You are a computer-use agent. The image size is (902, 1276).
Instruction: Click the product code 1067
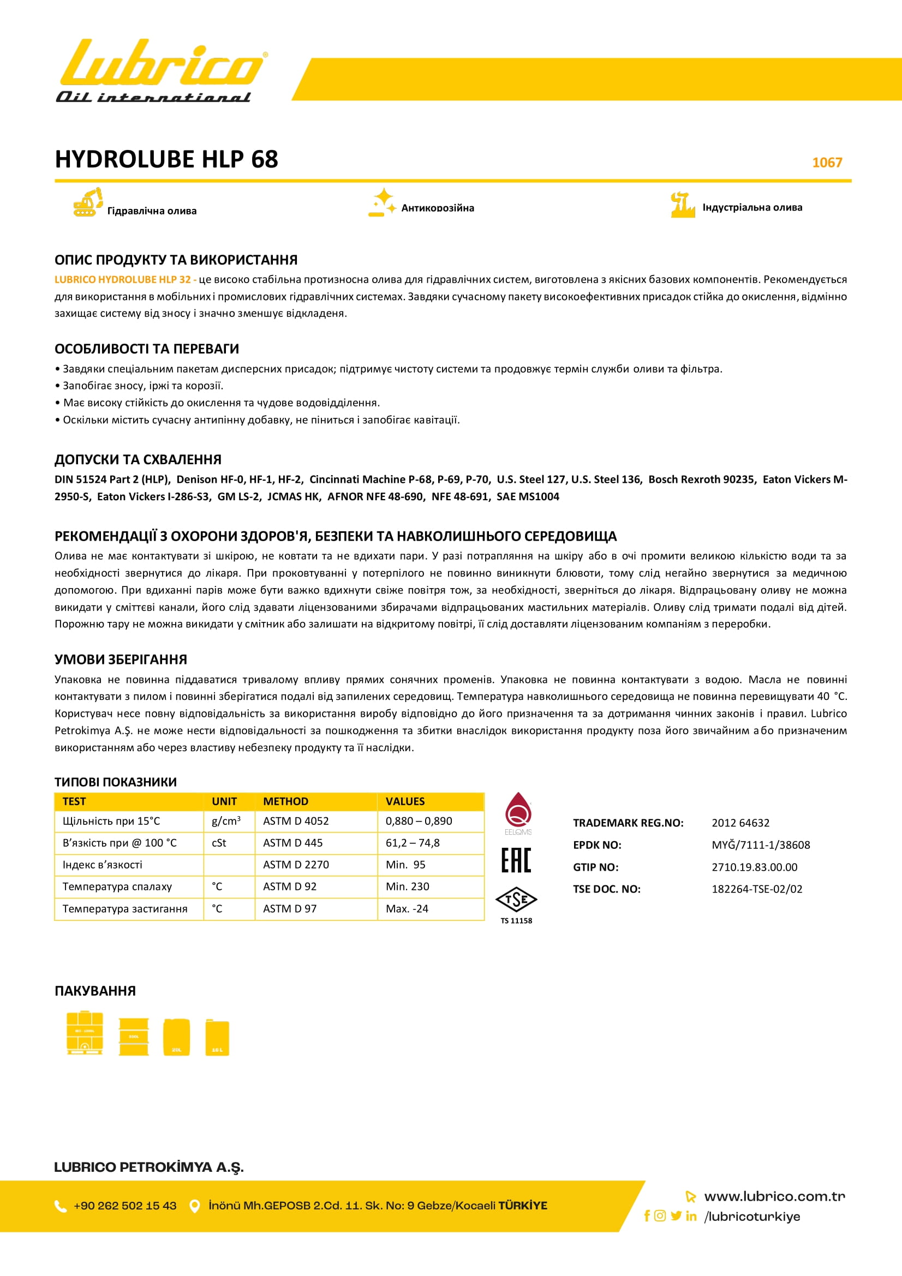point(827,162)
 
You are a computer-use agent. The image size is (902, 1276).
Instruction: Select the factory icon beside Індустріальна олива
point(683,205)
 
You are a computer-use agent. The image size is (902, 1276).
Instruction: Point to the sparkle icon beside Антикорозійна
point(382,203)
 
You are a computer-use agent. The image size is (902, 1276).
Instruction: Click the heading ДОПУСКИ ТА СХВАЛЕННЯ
point(138,459)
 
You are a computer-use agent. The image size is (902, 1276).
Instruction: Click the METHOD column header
point(286,801)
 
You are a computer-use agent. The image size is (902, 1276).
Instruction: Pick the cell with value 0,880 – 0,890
point(419,821)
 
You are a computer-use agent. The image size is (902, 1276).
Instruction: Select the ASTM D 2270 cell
point(296,865)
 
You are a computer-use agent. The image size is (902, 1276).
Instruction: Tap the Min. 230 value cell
point(408,886)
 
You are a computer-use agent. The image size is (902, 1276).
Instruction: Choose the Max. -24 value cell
point(407,909)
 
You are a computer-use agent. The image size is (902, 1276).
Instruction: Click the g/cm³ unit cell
point(226,821)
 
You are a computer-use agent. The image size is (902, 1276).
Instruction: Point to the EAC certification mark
point(516,860)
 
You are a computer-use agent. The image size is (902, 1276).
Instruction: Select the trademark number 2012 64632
point(740,823)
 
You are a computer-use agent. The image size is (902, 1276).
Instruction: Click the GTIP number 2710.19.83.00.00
point(754,867)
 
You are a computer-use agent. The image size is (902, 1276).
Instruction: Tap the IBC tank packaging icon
point(85,1033)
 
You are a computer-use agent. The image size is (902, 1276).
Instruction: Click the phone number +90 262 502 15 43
point(125,1206)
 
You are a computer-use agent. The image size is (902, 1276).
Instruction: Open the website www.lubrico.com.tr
point(774,1196)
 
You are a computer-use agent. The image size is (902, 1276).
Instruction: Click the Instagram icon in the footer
point(660,1215)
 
